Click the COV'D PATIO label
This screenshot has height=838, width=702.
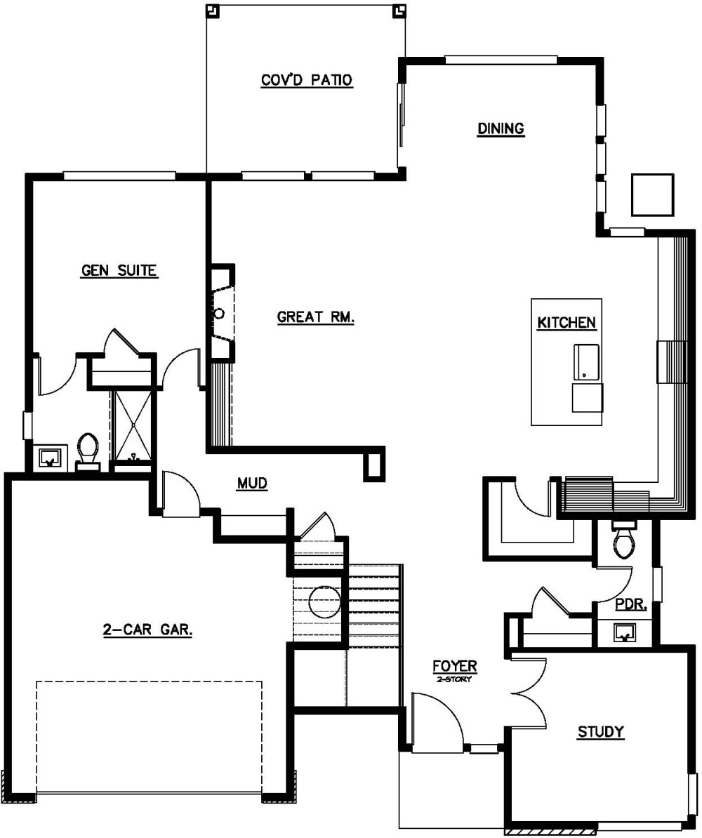(307, 80)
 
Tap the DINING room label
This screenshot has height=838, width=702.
(501, 128)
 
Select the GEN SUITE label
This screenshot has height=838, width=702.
(119, 270)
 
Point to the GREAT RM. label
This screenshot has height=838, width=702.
(316, 317)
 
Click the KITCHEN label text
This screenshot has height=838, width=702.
(567, 323)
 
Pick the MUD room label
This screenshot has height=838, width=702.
(252, 484)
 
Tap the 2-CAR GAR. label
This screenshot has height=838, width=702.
(148, 630)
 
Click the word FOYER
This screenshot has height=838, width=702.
(454, 666)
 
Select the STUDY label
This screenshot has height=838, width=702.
(600, 733)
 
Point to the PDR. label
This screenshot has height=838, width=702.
(630, 605)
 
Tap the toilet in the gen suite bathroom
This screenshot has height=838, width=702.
(88, 450)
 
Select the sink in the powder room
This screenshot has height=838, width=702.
(624, 633)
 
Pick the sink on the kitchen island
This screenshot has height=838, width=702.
(587, 360)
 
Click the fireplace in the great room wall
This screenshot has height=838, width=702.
(221, 313)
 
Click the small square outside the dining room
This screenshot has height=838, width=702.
(652, 194)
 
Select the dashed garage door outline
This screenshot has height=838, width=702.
(149, 736)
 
